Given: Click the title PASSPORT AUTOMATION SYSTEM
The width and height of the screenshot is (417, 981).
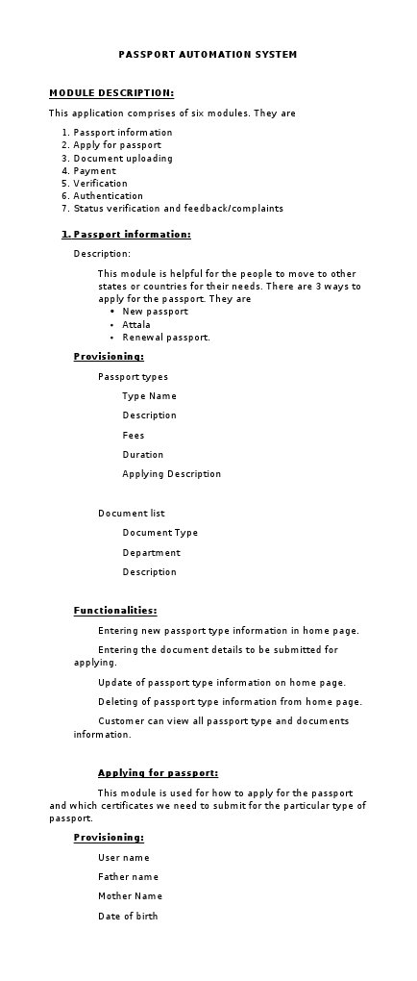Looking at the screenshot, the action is (x=208, y=55).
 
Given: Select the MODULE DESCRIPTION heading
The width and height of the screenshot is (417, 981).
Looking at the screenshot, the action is (x=111, y=93).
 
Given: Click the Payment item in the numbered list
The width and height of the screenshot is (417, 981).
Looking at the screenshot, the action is (x=95, y=170).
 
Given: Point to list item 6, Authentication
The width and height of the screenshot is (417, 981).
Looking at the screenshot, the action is (x=109, y=195).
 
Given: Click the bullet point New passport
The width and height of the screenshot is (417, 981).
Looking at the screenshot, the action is (x=155, y=312).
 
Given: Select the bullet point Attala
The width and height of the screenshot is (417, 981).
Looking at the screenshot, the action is (x=136, y=325).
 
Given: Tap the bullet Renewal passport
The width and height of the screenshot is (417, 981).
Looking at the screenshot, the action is (x=165, y=338).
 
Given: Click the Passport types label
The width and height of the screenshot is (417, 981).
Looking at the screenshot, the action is (x=133, y=377).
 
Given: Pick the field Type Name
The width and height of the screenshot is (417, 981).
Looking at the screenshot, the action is (x=149, y=396).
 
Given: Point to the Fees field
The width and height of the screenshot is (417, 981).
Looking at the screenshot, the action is (x=134, y=435).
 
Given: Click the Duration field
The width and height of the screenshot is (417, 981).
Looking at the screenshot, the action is (x=143, y=454).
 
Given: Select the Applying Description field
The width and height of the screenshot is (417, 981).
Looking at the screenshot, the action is (x=171, y=474).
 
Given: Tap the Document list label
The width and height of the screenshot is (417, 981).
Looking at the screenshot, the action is (x=132, y=513).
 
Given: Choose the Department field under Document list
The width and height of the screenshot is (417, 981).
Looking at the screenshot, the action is (x=151, y=552).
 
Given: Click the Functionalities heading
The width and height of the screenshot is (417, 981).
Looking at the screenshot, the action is (x=115, y=610).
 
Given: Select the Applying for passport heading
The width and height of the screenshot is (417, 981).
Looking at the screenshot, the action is (x=158, y=772).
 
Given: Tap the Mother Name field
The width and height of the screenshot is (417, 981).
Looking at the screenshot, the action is (x=130, y=895).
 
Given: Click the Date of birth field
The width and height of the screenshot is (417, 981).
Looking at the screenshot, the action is (x=128, y=916).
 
